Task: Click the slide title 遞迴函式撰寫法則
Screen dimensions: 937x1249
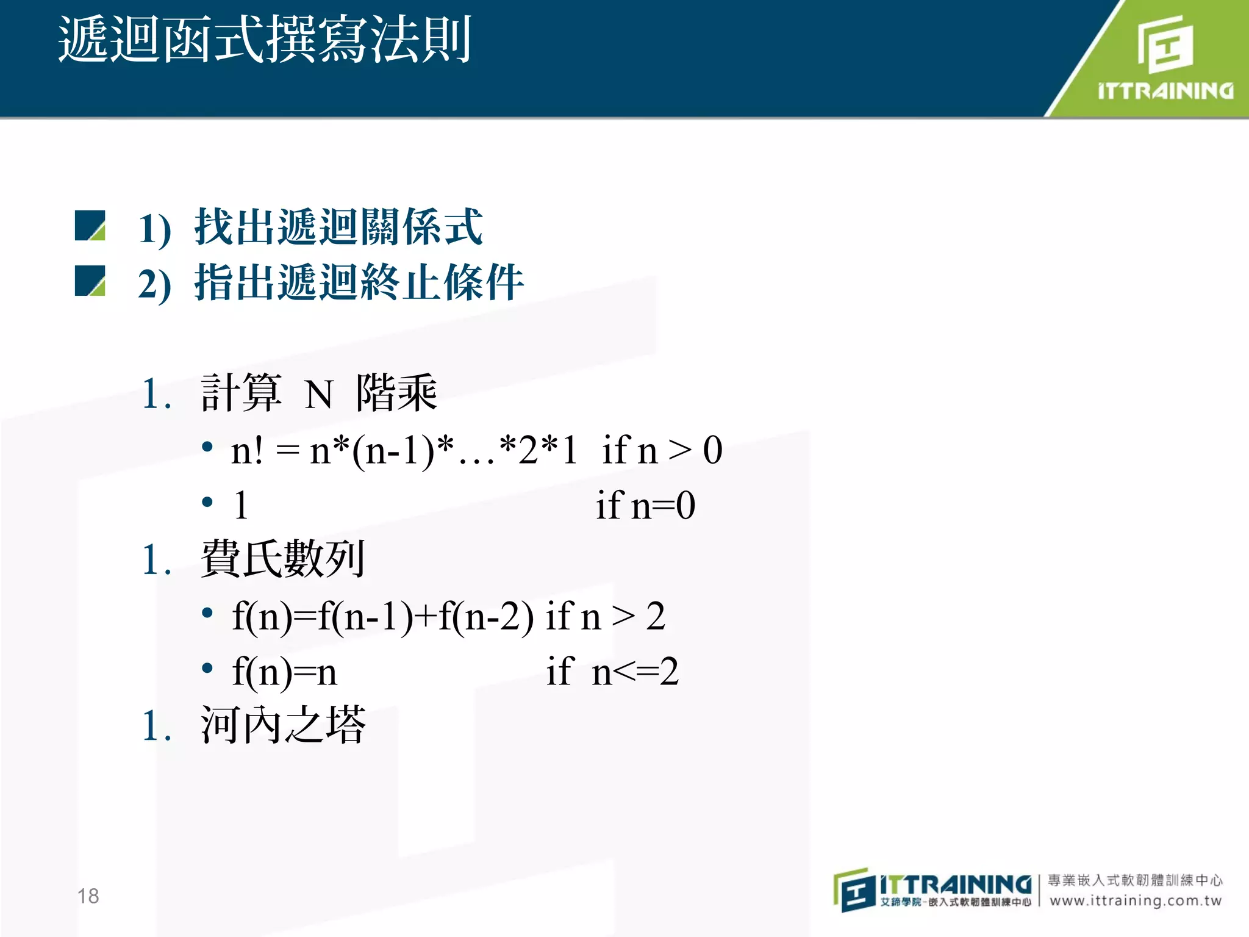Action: click(265, 40)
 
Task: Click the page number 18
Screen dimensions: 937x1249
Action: click(88, 896)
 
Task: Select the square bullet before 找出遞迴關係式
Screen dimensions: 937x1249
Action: click(90, 226)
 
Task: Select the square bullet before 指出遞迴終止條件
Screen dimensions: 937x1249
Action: click(90, 281)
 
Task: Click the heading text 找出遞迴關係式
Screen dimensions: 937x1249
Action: click(338, 227)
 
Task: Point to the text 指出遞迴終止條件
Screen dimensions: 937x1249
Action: click(359, 282)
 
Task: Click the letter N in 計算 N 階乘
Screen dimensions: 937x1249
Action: click(318, 395)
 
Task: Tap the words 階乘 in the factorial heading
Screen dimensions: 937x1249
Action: click(396, 393)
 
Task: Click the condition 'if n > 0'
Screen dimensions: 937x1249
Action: click(662, 450)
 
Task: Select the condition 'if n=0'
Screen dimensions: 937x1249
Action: click(645, 506)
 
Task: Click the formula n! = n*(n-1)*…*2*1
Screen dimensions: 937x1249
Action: click(404, 450)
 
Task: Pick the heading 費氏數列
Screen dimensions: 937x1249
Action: click(283, 559)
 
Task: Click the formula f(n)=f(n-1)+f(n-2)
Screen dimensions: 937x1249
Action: click(383, 616)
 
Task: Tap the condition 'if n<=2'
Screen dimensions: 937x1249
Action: click(612, 672)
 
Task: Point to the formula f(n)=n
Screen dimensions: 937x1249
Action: click(284, 672)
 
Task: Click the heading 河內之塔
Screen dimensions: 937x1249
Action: click(283, 725)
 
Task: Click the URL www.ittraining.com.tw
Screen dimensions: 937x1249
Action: click(1136, 900)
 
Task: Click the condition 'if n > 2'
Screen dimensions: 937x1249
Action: click(605, 616)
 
